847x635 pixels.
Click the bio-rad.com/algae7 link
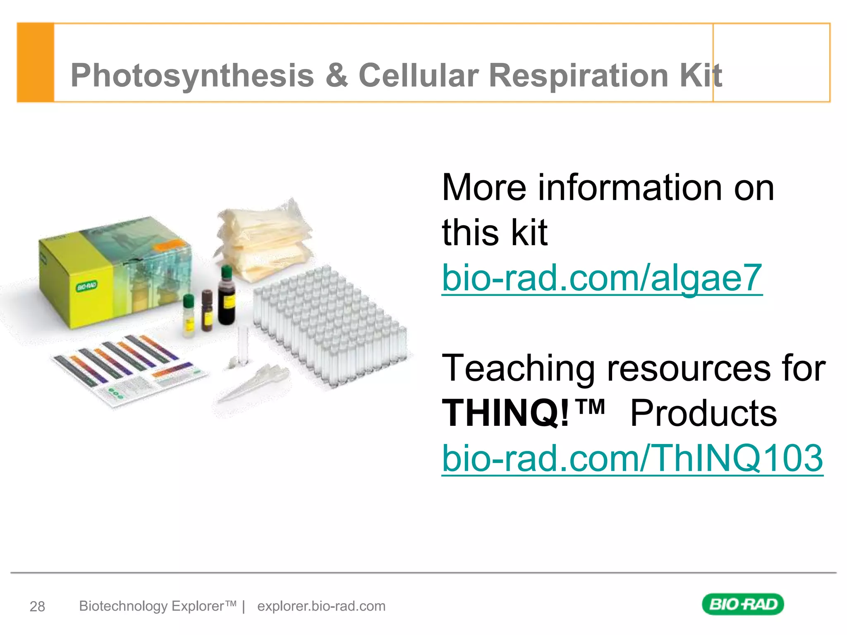tap(602, 278)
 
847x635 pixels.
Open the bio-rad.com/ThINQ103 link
tap(632, 458)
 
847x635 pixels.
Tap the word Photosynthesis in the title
tap(192, 76)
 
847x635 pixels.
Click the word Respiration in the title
tap(578, 76)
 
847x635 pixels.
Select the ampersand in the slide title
tap(337, 76)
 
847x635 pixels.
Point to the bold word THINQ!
tap(505, 413)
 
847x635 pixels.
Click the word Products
tap(703, 413)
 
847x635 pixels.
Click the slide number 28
tap(37, 606)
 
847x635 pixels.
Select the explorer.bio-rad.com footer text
tap(321, 606)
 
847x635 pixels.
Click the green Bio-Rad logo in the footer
tap(743, 604)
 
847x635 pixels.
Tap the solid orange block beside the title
tap(36, 62)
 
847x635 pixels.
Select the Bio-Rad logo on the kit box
tap(86, 286)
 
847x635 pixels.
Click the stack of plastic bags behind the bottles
tap(265, 240)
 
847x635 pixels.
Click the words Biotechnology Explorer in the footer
tap(158, 606)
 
